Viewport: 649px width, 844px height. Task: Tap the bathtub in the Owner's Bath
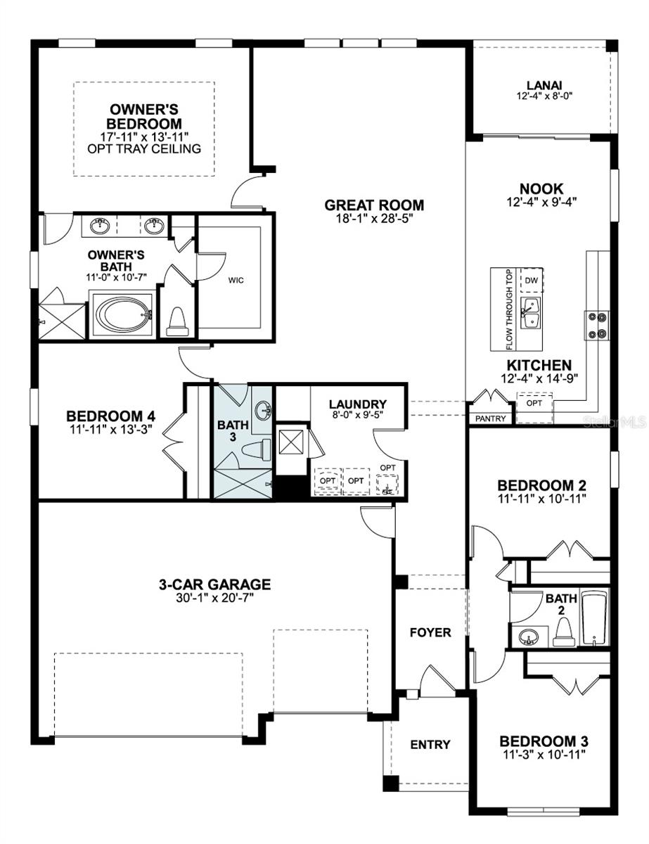click(123, 314)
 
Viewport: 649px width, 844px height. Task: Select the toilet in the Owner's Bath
click(177, 323)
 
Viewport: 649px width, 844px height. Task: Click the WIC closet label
click(235, 279)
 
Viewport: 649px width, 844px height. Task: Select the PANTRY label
click(490, 418)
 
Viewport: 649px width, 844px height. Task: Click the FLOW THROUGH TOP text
click(510, 309)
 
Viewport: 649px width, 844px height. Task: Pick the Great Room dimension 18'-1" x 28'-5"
click(374, 219)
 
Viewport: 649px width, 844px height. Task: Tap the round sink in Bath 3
click(263, 410)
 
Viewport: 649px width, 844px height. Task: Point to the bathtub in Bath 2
click(595, 619)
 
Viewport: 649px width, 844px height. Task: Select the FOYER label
click(430, 632)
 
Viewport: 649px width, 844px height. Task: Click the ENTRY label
click(430, 744)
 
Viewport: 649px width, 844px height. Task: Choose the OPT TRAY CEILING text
click(144, 148)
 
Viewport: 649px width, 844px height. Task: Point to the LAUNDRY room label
click(357, 404)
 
